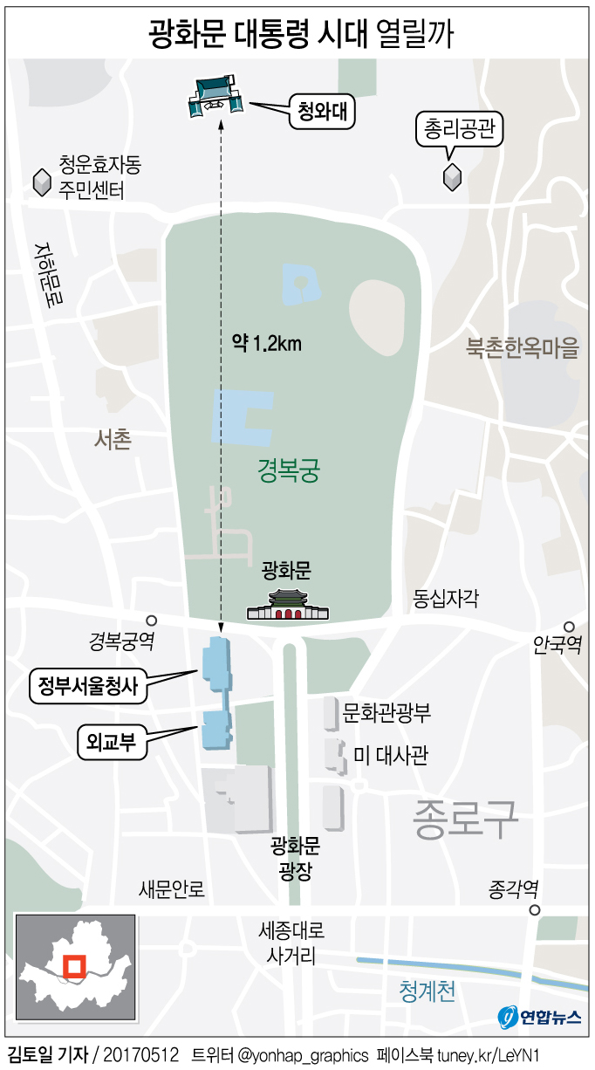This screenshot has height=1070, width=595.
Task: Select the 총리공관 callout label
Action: (459, 131)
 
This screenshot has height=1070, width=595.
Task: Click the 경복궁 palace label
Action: (289, 472)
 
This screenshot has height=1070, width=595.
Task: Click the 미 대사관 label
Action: (391, 755)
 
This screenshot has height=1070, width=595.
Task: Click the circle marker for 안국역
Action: (568, 626)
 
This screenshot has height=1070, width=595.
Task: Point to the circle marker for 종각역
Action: (534, 910)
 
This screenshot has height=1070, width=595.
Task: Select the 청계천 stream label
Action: (427, 991)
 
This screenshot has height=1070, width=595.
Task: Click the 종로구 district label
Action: (468, 818)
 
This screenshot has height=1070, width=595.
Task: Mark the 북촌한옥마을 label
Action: (522, 348)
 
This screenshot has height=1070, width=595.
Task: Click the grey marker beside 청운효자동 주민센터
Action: (41, 182)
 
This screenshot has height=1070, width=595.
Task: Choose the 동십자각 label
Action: (446, 599)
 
